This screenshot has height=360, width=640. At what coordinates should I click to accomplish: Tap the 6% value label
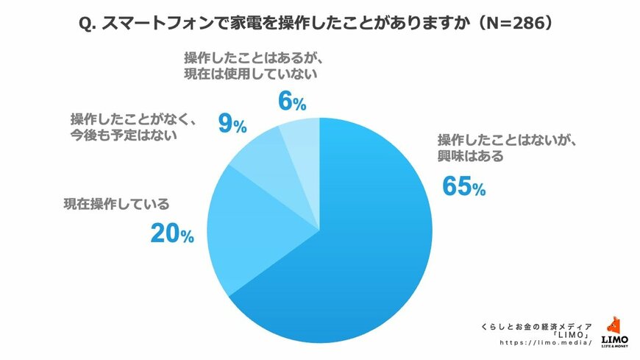(x=291, y=102)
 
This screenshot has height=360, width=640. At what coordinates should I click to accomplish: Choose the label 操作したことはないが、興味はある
(x=501, y=148)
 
